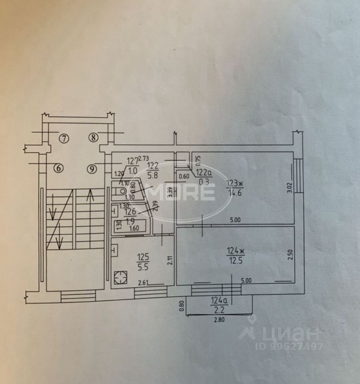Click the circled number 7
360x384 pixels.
[x=64, y=138]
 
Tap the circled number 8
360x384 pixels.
[x=93, y=138]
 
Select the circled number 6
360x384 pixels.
[x=58, y=168]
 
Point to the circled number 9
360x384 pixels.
[x=92, y=169]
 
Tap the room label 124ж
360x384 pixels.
[x=235, y=251]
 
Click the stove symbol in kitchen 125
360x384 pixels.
[x=119, y=277]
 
